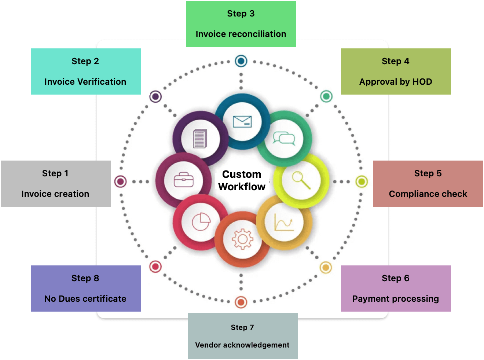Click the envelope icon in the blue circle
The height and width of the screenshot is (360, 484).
(242, 121)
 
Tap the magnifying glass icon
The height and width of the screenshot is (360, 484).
(301, 180)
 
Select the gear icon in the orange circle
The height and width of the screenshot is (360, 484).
(242, 239)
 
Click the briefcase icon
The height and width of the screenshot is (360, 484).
(183, 180)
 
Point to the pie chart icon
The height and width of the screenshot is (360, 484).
(201, 221)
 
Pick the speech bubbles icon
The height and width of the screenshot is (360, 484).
(284, 139)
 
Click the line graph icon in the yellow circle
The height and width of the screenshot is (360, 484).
(284, 222)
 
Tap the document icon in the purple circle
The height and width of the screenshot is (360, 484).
(200, 139)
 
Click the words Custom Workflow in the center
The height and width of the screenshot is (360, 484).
(242, 180)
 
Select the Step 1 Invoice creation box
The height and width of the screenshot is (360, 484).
(56, 184)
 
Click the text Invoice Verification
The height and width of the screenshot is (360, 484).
(85, 82)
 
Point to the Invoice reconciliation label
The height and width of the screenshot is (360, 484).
(241, 34)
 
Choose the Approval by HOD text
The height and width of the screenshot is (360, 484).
(396, 82)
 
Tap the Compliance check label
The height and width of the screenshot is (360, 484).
(428, 194)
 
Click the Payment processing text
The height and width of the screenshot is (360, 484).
(396, 299)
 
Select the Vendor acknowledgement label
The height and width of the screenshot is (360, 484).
(242, 345)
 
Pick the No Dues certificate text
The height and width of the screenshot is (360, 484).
(85, 299)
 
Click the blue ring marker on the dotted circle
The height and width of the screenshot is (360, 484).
(241, 61)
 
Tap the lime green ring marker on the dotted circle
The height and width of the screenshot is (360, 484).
(362, 181)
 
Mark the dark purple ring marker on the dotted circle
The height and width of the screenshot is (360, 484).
(155, 96)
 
